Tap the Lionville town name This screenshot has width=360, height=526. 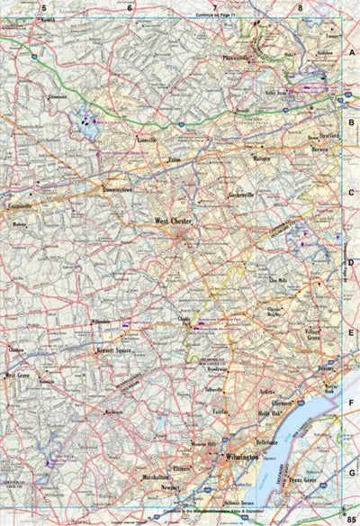[146, 141]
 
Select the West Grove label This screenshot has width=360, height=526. [18, 375]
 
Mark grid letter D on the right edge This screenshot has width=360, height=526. [352, 263]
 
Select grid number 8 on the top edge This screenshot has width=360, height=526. [301, 7]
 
